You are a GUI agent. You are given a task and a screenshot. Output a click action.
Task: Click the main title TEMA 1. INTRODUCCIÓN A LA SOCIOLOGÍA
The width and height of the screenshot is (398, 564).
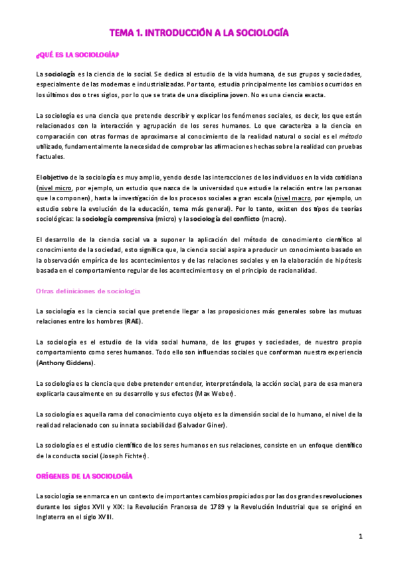(199, 32)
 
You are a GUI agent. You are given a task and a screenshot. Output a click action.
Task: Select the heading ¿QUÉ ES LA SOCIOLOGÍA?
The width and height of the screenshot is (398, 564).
(78, 55)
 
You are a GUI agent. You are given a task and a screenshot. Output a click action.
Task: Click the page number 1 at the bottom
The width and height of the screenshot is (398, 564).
(359, 536)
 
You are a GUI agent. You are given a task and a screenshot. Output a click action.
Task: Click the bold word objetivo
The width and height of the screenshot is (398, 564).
(59, 178)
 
